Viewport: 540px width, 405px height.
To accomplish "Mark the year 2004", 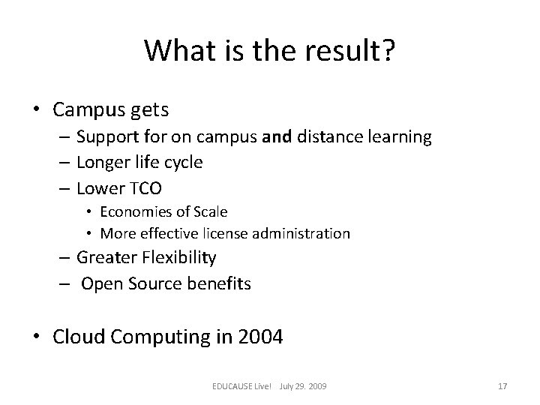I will tap(259, 337).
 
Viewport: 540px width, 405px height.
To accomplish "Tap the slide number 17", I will tap(502, 386).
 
